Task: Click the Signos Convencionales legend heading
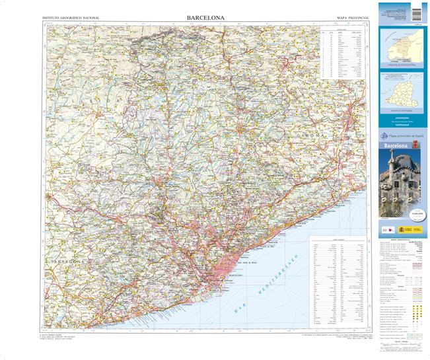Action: click(402, 238)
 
